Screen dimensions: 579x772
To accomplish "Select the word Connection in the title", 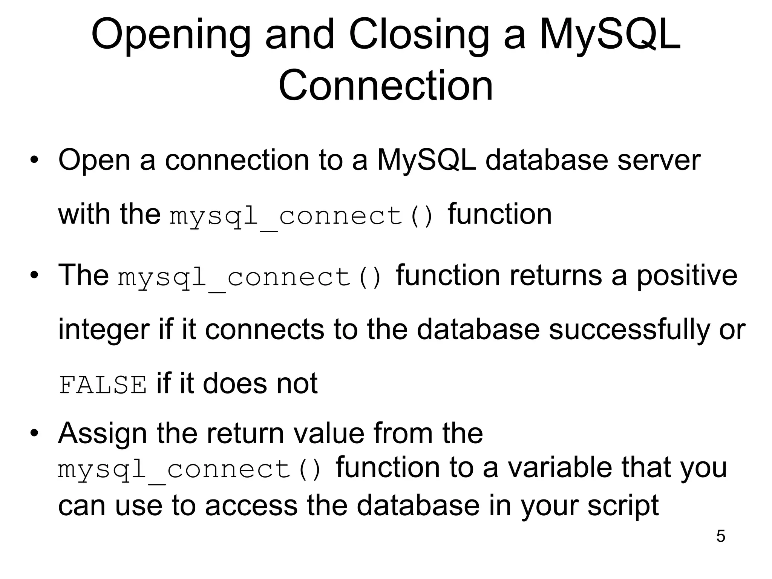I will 386,86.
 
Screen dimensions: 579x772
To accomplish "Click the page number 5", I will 720,536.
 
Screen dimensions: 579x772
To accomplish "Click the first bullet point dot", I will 34,160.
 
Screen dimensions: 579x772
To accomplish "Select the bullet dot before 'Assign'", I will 34,433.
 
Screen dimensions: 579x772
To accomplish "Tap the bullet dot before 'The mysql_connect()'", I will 34,275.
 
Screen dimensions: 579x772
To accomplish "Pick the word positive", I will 687,276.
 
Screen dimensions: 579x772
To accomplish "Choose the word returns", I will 556,276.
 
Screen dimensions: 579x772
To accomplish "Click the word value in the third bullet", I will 328,433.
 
